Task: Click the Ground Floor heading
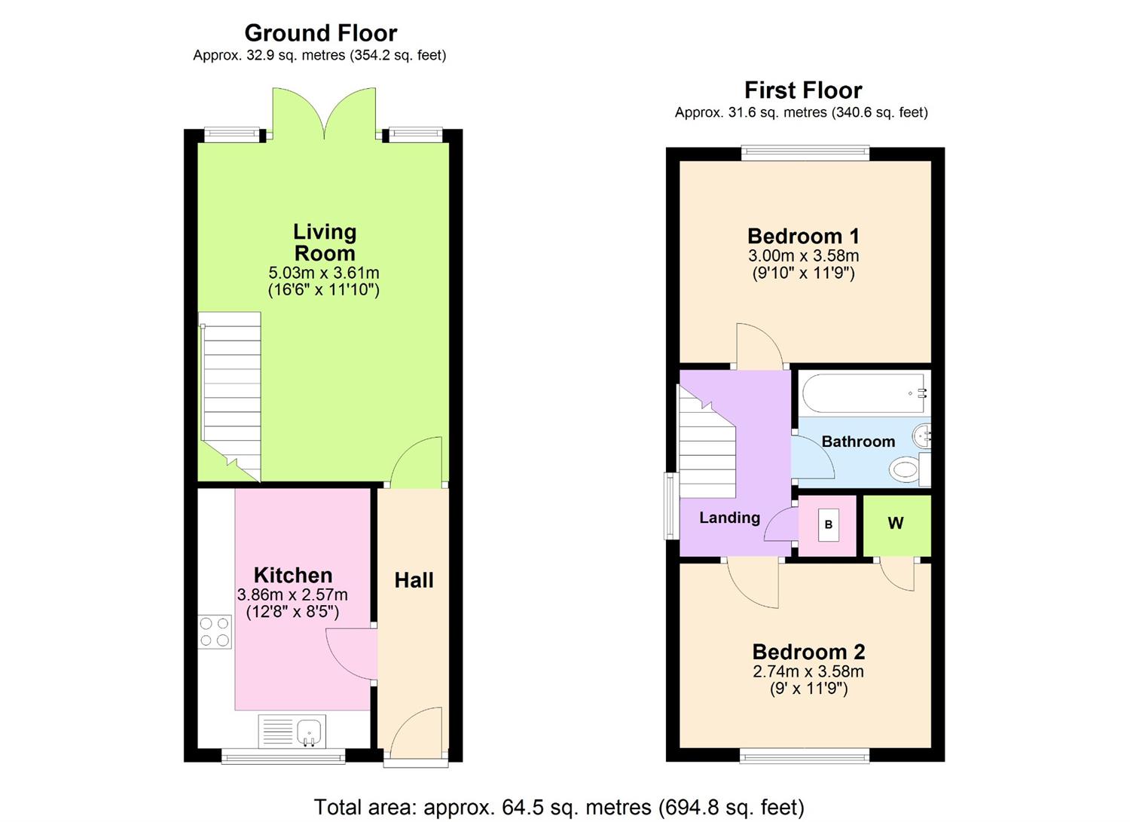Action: click(320, 33)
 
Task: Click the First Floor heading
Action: click(802, 90)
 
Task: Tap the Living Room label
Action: click(324, 243)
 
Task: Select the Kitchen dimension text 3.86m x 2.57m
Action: click(292, 594)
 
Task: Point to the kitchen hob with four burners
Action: click(215, 632)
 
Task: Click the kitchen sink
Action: click(309, 731)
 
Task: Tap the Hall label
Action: click(414, 580)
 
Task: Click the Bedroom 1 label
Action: click(803, 236)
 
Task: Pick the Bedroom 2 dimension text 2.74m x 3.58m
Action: click(808, 671)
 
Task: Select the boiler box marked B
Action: click(828, 525)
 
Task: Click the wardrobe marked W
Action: click(896, 524)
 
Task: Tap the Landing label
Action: click(728, 518)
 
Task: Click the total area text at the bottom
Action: click(558, 807)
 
